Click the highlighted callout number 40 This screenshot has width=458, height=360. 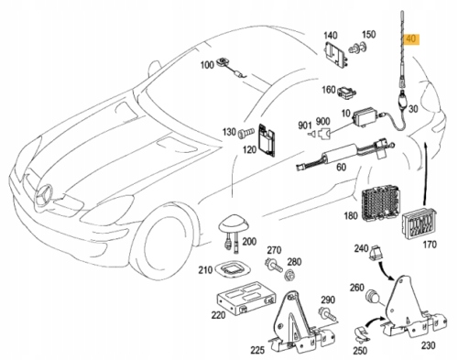click(410, 39)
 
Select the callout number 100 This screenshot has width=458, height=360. click(207, 64)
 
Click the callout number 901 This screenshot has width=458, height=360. click(303, 125)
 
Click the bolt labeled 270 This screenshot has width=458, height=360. click(274, 265)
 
